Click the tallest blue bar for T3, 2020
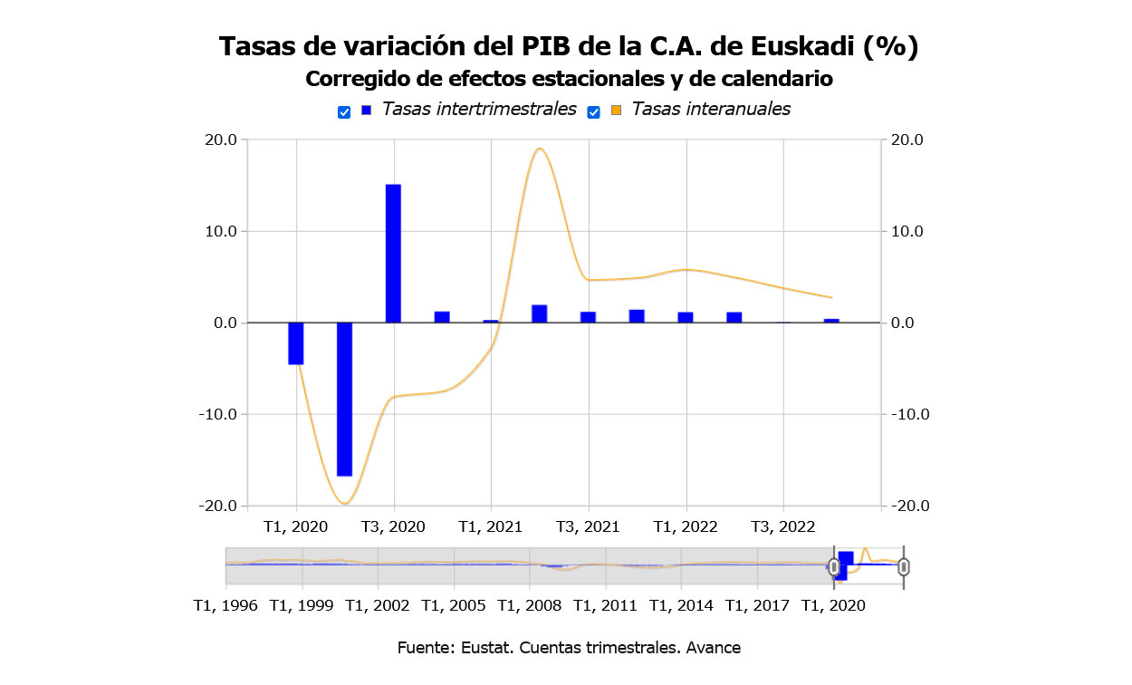point(393,253)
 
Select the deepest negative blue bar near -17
point(344,399)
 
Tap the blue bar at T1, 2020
point(296,343)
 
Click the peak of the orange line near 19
point(539,149)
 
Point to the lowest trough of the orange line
point(344,503)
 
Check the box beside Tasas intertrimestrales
point(344,112)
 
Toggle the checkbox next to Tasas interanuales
point(594,112)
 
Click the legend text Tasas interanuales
point(711,110)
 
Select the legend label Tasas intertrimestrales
point(479,110)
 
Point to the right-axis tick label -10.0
point(908,414)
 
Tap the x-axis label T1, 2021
point(491,526)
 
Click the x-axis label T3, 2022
point(783,526)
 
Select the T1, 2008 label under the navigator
point(531,605)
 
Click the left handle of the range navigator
point(834,567)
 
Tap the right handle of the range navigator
point(903,567)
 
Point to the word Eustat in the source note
point(480,648)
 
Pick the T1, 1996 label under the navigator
point(225,605)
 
